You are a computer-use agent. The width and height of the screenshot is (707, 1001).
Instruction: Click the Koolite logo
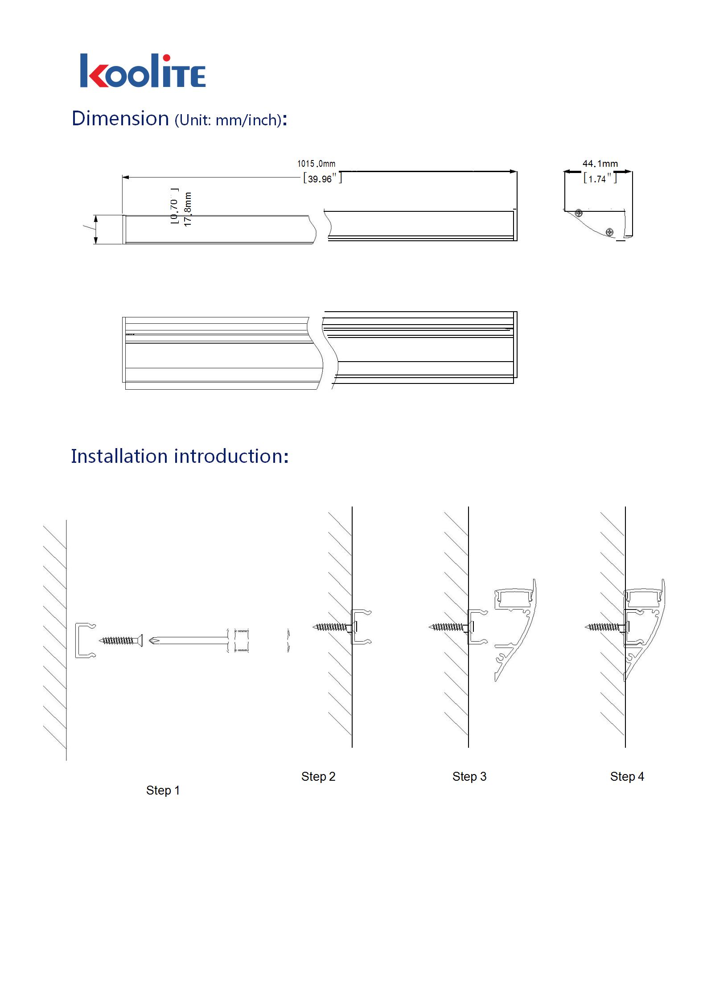[x=143, y=71]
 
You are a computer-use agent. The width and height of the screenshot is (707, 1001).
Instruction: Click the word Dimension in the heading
[x=120, y=119]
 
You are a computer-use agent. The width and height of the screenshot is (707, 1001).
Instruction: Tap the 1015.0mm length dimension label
[x=317, y=164]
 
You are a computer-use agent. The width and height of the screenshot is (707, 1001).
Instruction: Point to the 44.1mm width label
[x=600, y=164]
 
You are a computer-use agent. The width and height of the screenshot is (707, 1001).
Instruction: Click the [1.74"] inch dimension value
[x=600, y=179]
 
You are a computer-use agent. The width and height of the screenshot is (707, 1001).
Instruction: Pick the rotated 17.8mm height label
[x=188, y=209]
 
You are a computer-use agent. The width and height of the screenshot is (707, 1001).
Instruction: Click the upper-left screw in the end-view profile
[x=579, y=213]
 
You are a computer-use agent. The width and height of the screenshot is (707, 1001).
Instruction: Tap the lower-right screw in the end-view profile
[x=610, y=231]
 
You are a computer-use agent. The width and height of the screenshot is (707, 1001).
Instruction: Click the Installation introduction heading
[x=180, y=456]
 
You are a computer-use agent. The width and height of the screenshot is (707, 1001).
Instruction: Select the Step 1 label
[x=163, y=791]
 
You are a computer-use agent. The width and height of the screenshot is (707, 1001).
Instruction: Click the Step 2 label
[x=318, y=777]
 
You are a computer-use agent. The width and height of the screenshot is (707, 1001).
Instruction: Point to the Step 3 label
[x=469, y=777]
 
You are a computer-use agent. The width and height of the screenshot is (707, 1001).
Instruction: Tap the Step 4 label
[x=627, y=777]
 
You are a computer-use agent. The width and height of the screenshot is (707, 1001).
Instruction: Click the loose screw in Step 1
[x=120, y=641]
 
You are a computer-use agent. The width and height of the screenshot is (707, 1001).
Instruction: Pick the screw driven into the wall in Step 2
[x=332, y=627]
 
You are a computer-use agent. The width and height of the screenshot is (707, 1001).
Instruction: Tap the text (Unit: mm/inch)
[x=228, y=120]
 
